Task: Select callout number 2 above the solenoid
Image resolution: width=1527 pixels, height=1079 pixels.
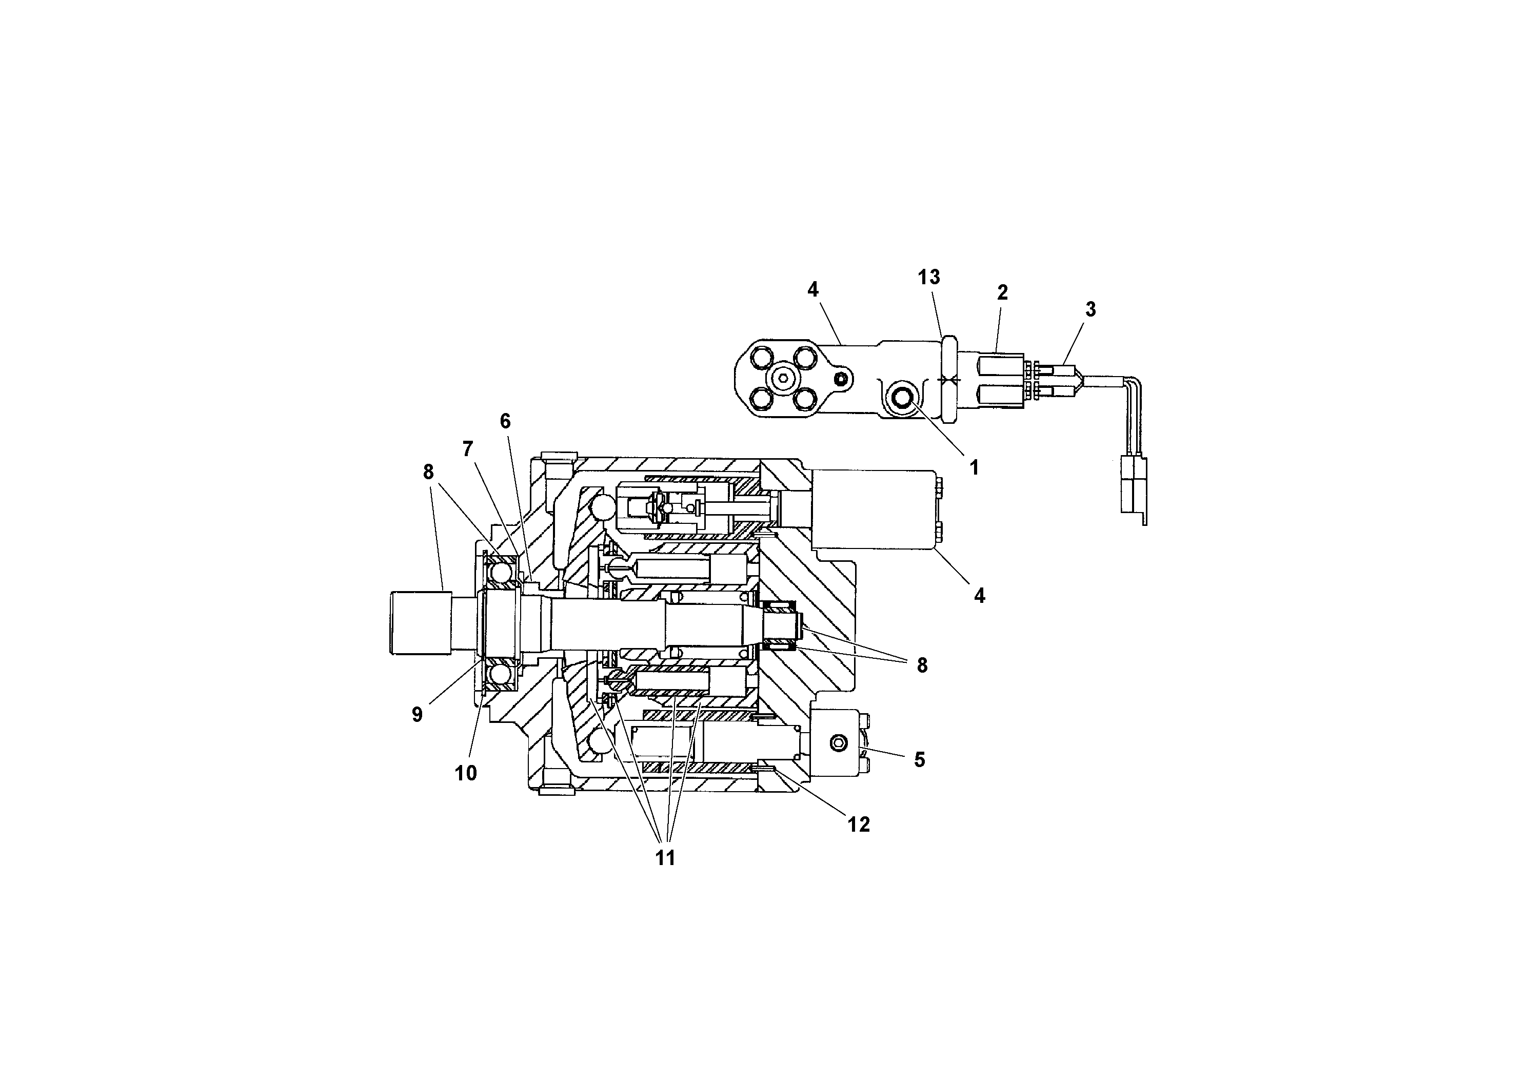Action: click(x=1002, y=292)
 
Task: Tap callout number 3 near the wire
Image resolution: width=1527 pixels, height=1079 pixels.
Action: click(x=1090, y=309)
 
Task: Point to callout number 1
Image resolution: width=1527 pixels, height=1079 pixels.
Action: click(x=975, y=467)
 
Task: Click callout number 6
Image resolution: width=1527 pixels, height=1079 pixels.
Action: click(x=505, y=421)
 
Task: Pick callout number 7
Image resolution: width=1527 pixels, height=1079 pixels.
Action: click(x=468, y=449)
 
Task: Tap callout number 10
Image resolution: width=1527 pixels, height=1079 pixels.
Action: click(x=466, y=773)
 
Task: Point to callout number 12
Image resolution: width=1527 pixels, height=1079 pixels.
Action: click(x=859, y=824)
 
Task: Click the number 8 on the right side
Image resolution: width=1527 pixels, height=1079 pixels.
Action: click(x=922, y=665)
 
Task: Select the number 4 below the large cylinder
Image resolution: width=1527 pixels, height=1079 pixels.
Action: click(x=979, y=595)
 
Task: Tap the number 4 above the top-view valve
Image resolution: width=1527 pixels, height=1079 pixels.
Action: click(x=812, y=289)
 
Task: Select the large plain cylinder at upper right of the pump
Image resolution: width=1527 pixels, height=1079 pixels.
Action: click(x=873, y=509)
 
